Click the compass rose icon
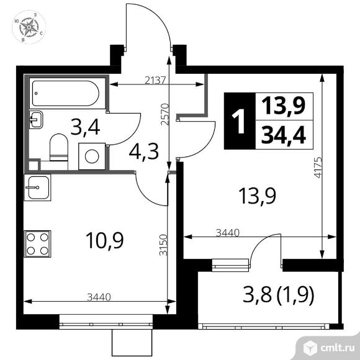pos(29,27)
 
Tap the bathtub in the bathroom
pos(66,93)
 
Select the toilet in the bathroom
pos(59,148)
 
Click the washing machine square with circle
pos(92,156)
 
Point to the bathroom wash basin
pos(36,119)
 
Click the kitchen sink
pos(37,187)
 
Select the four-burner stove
pos(37,244)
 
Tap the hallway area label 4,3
pos(144,152)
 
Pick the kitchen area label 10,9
pos(105,240)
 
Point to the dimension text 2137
pos(155,80)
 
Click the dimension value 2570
pos(165,114)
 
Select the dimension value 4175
pos(318,168)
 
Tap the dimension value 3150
pos(163,245)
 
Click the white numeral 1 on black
pos(239,121)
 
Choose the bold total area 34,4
pos(284,135)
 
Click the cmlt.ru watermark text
pos(338,349)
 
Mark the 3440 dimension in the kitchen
pos(99,297)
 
